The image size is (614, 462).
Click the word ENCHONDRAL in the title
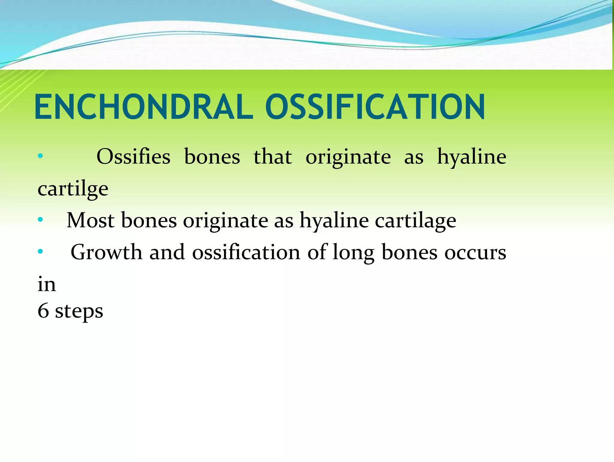tap(144, 107)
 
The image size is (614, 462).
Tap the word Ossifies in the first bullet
tap(133, 157)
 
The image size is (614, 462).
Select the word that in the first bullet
tap(273, 157)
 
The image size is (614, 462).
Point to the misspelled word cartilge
tap(73, 189)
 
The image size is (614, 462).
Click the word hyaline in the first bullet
tap(471, 157)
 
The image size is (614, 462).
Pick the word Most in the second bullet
tap(90, 220)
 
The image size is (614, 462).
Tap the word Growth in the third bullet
tap(106, 252)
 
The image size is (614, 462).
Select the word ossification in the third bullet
tap(246, 252)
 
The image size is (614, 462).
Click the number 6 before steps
tap(43, 311)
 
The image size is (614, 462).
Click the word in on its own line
tap(46, 284)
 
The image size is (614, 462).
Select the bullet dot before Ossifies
tap(40, 156)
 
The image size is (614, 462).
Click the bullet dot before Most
tap(40, 220)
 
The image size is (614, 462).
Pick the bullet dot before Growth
tap(40, 252)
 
